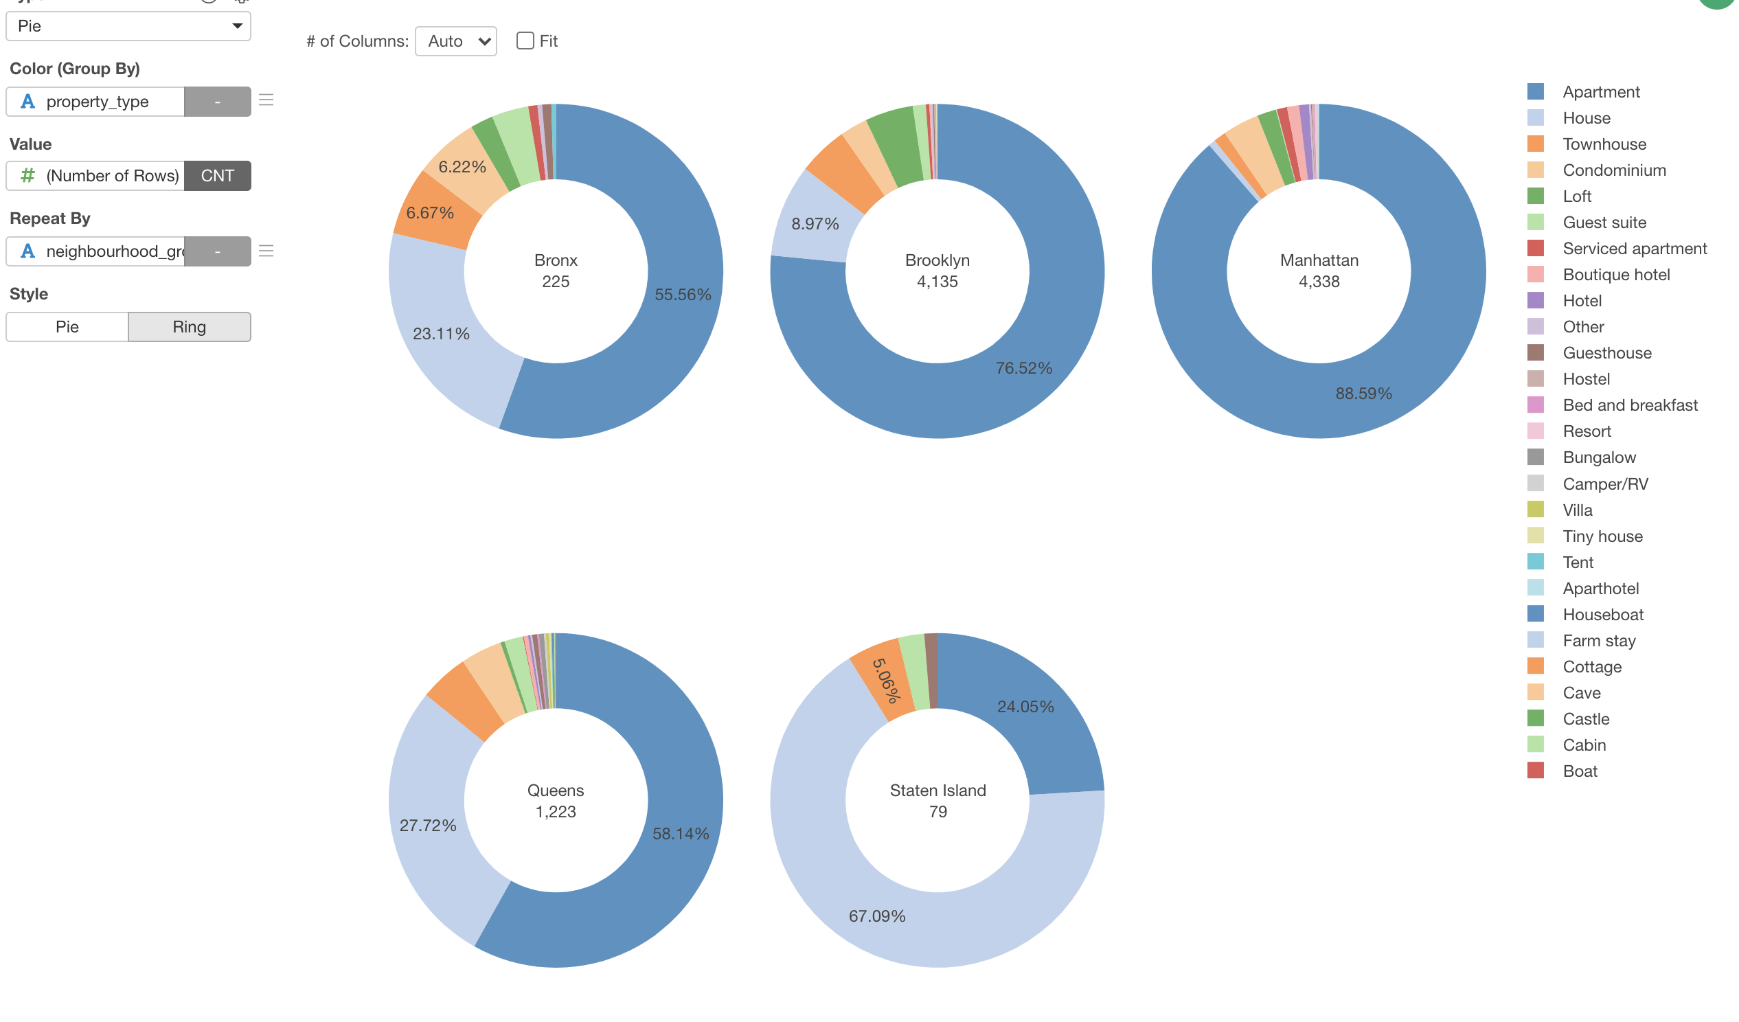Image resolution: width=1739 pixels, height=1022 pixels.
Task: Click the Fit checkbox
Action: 525,41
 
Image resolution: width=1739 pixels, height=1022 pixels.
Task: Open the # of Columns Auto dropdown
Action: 455,41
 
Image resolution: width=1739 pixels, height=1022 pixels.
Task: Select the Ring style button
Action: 189,327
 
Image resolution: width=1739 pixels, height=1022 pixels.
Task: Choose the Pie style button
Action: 67,327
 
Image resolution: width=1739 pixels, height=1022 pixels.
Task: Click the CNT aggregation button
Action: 217,176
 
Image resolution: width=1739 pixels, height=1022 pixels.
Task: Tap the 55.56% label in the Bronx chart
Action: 683,295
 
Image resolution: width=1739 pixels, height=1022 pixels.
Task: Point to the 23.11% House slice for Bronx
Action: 441,334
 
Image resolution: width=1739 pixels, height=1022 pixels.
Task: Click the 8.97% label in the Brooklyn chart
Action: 815,225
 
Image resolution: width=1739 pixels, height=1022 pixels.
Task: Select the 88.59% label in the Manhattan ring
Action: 1363,394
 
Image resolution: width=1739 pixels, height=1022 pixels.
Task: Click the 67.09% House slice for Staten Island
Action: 877,916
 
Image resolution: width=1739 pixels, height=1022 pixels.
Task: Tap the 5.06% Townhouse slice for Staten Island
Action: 885,681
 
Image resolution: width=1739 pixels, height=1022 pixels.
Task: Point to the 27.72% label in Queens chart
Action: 428,826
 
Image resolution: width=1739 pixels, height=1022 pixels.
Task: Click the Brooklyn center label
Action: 937,261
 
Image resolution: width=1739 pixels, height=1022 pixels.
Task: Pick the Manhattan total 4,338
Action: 1319,282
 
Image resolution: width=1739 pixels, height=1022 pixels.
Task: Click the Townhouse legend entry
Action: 1604,144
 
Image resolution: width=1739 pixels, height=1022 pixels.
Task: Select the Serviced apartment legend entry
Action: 1634,249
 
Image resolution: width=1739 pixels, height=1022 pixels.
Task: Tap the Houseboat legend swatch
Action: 1536,614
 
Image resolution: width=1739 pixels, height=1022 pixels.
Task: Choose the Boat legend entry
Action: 1580,771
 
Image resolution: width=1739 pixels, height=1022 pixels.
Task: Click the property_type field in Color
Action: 97,102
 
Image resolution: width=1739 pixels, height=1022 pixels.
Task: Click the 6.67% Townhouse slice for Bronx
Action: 430,213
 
